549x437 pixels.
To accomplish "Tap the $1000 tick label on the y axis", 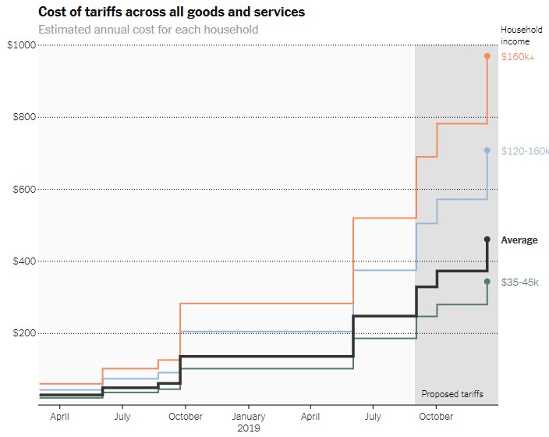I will pyautogui.click(x=21, y=45).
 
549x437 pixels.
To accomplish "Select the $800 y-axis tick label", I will pyautogui.click(x=23, y=117).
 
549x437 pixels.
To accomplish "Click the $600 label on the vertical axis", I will pyautogui.click(x=23, y=189).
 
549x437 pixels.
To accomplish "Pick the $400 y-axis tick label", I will pyautogui.click(x=23, y=261).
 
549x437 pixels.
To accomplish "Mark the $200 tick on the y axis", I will pyautogui.click(x=23, y=333).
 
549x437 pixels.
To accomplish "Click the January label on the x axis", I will pyautogui.click(x=249, y=417).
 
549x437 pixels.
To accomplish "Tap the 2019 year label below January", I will pyautogui.click(x=249, y=428).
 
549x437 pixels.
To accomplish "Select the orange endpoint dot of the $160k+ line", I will pyautogui.click(x=487, y=56).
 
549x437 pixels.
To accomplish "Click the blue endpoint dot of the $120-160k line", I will pyautogui.click(x=487, y=151).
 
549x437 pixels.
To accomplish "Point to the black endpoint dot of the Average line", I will pyautogui.click(x=487, y=240).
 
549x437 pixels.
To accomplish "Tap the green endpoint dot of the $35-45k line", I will pyautogui.click(x=487, y=282).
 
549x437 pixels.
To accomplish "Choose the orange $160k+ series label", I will pyautogui.click(x=518, y=57).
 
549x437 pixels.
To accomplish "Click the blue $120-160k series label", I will pyautogui.click(x=525, y=151).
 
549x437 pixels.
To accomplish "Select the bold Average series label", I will pyautogui.click(x=519, y=240).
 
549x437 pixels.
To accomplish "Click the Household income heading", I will pyautogui.click(x=516, y=35).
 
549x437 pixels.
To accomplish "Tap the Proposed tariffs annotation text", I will pyautogui.click(x=452, y=394).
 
